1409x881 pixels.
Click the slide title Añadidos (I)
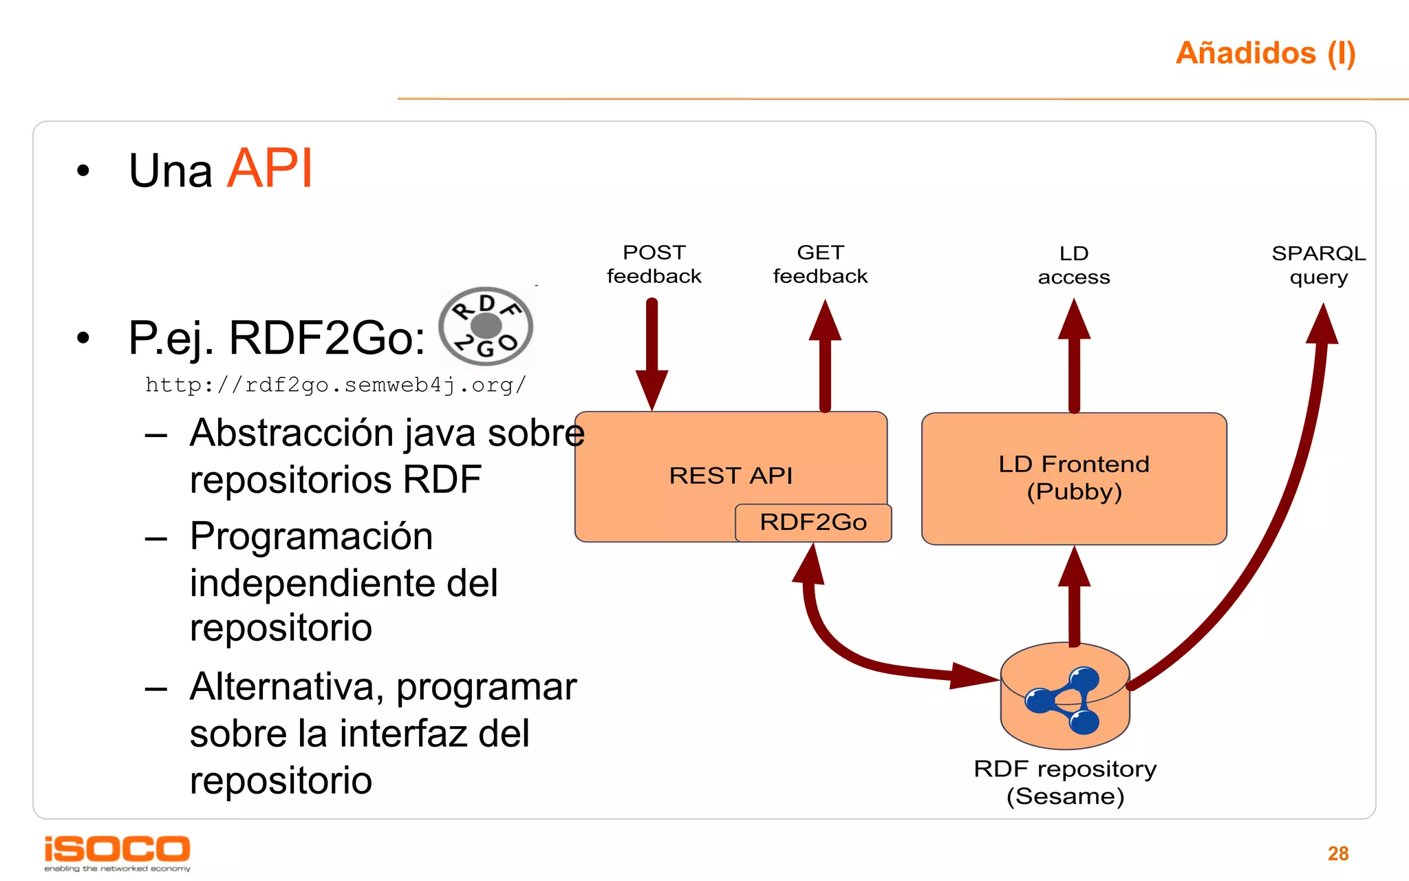1265,53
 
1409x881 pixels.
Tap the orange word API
270,169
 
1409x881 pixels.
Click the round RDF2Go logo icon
486,326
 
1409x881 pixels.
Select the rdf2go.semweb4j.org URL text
336,385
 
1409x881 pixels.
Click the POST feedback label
654,264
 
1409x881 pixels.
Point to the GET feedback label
820,264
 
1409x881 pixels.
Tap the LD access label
1073,265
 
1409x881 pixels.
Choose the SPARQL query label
1318,265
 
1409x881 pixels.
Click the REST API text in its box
731,476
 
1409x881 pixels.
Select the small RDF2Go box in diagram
813,522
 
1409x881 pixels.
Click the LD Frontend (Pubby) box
1073,478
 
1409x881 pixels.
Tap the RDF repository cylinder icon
1064,697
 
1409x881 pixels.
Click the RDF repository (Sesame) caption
1065,783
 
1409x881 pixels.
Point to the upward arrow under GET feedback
825,354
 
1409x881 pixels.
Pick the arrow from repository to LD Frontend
1074,595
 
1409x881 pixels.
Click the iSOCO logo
117,851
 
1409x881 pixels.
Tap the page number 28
1337,853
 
